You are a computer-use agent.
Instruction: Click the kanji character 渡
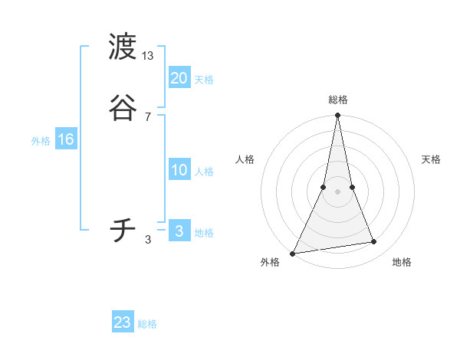[x=123, y=47]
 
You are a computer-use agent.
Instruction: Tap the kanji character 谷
[x=123, y=107]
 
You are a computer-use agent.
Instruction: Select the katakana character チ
[x=123, y=231]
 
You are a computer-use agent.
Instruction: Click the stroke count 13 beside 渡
[x=148, y=56]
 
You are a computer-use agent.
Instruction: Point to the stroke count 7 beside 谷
[x=148, y=116]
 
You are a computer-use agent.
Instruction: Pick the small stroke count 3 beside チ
[x=148, y=240]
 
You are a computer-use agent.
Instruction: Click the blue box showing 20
[x=179, y=77]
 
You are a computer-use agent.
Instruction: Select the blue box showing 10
[x=179, y=170]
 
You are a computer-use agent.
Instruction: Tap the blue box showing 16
[x=66, y=139]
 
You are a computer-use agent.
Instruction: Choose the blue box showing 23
[x=123, y=322]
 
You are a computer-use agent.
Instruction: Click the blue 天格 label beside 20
[x=204, y=80]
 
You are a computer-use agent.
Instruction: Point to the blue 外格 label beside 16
[x=41, y=141]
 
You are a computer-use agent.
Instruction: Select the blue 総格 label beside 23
[x=147, y=324]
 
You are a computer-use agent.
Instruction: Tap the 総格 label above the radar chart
[x=338, y=100]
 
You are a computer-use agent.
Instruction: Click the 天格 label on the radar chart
[x=432, y=159]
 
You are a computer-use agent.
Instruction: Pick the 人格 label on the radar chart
[x=245, y=159]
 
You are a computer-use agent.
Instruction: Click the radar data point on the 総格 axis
[x=338, y=116]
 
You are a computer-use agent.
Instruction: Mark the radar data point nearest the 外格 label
[x=293, y=254]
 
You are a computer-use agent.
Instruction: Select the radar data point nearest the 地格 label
[x=374, y=242]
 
